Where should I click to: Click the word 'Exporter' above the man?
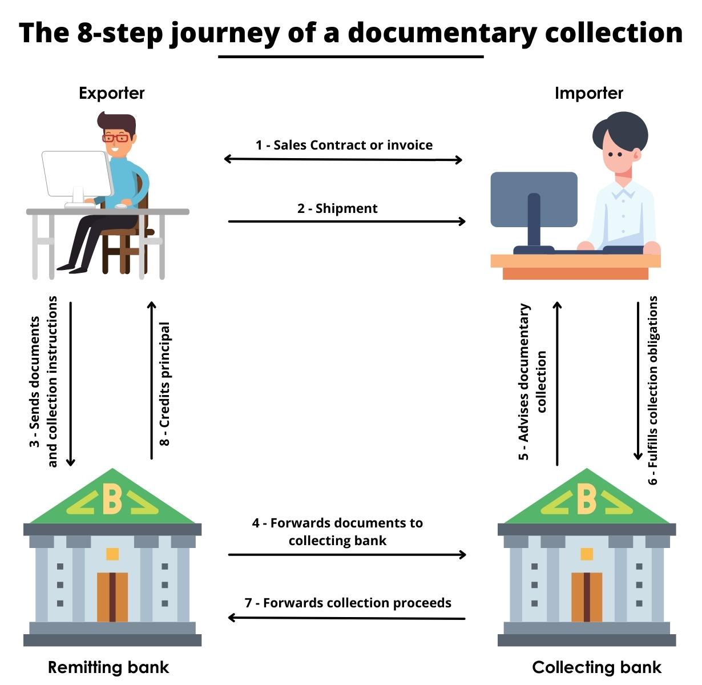(112, 93)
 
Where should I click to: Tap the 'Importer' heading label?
(588, 93)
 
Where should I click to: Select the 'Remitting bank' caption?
(108, 667)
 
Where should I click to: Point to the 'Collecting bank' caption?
(596, 667)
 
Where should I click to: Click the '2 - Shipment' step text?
(337, 208)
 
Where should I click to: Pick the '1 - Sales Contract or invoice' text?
(344, 145)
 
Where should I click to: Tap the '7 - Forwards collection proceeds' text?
(348, 603)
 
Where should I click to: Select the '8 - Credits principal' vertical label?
(164, 384)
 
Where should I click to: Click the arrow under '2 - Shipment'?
(346, 221)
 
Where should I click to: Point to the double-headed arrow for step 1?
(343, 159)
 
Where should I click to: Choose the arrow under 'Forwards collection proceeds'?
(346, 618)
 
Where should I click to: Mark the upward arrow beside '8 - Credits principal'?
(152, 380)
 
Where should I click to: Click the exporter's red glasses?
(115, 138)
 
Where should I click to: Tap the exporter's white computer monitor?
(76, 174)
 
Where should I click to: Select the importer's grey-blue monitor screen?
(534, 199)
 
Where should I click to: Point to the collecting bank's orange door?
(587, 597)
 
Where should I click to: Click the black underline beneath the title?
(350, 57)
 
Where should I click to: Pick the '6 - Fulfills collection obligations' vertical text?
(653, 390)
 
